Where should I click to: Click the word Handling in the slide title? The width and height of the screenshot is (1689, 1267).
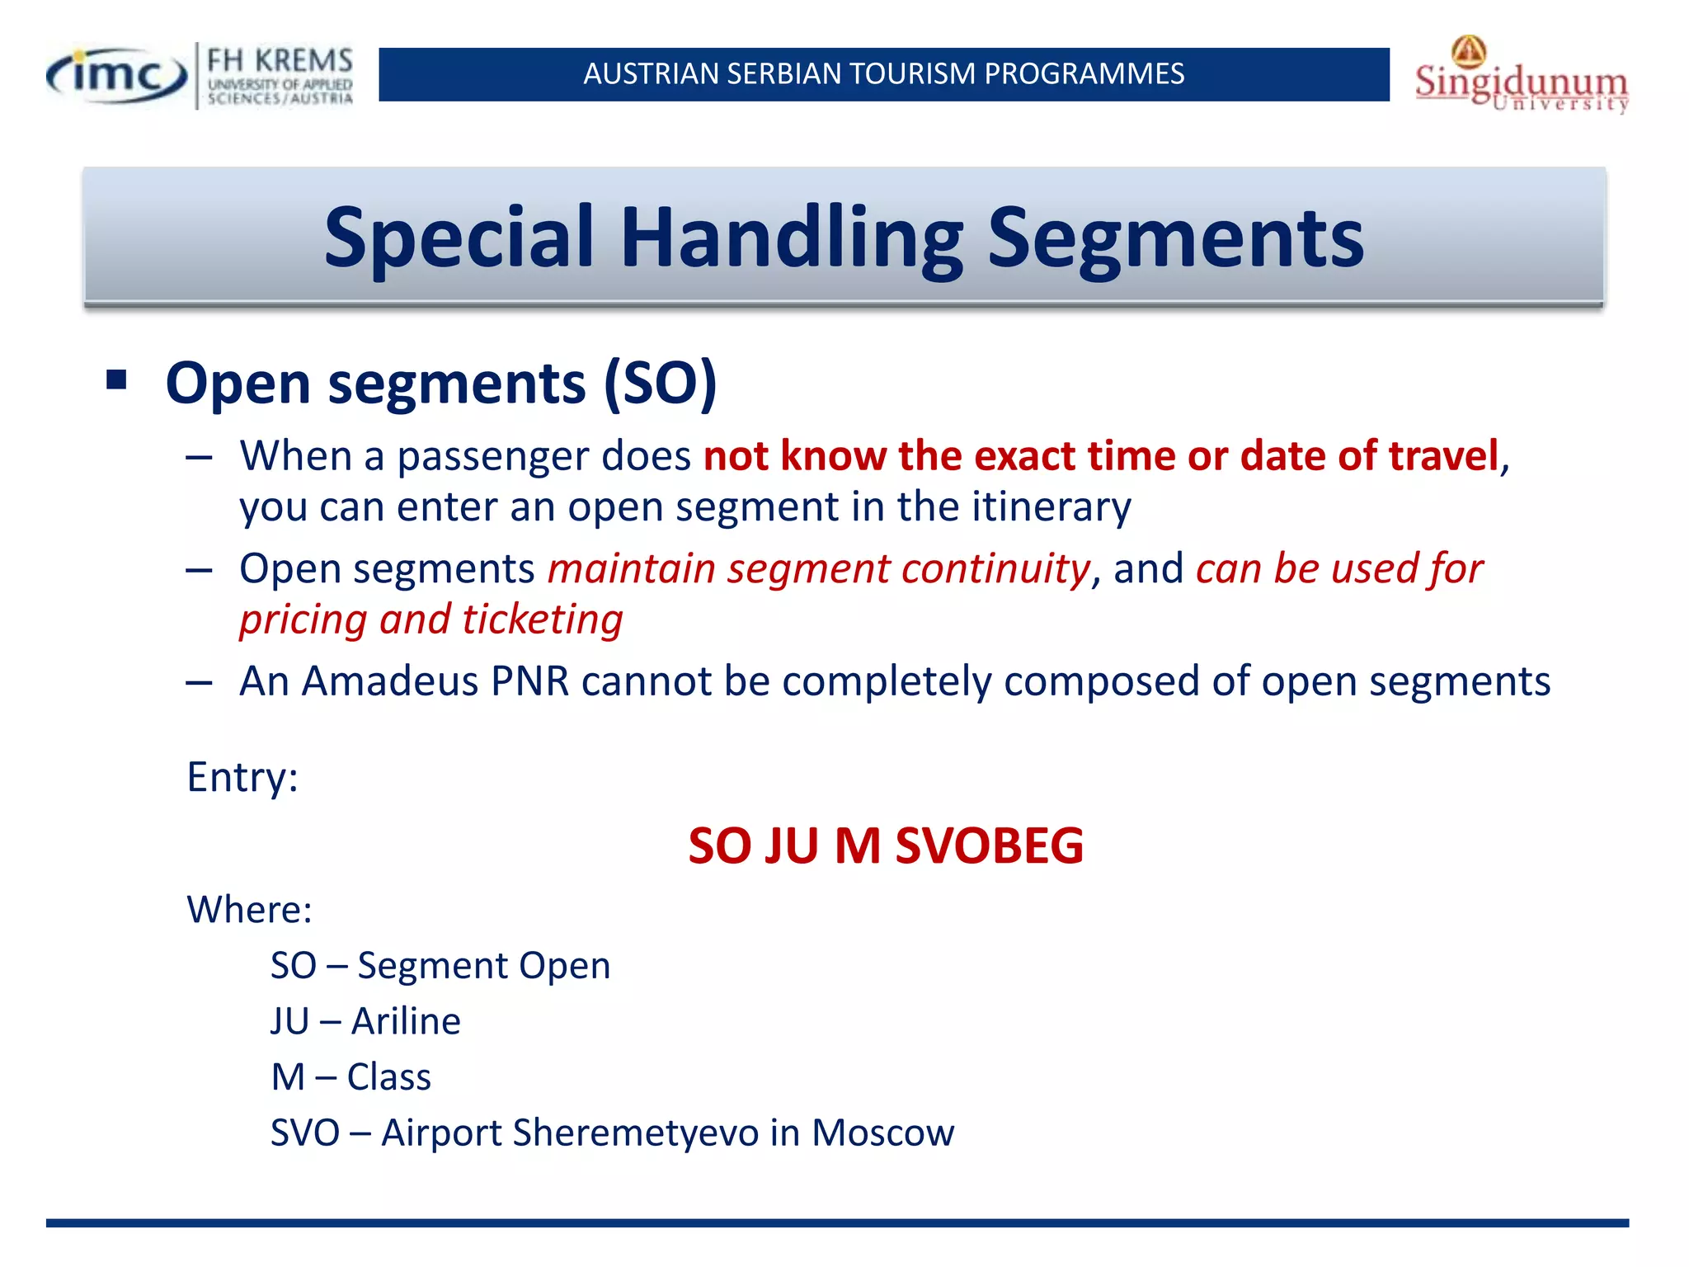tap(792, 238)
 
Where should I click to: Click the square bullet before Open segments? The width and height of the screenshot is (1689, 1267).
tap(116, 380)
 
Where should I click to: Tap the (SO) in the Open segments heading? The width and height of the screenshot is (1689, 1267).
tap(660, 384)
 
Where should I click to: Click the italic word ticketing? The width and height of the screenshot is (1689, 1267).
tap(542, 619)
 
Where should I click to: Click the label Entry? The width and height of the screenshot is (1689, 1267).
tap(242, 777)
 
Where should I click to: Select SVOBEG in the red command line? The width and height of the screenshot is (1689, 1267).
tap(989, 846)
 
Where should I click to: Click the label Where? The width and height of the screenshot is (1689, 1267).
tap(249, 910)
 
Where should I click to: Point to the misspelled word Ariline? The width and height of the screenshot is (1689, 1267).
tap(406, 1021)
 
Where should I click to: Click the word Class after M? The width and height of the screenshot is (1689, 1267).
tap(388, 1077)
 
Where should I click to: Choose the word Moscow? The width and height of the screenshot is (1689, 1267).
tap(882, 1133)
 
